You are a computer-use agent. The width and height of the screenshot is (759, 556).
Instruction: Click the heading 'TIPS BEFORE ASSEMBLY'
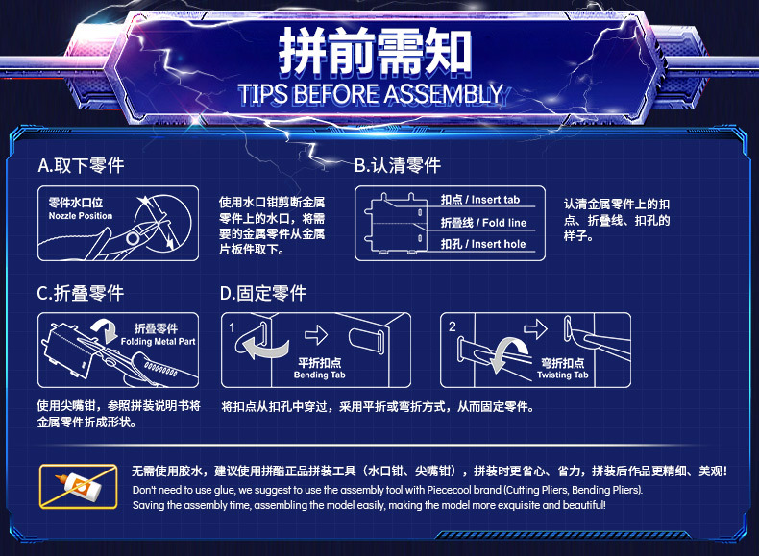(x=371, y=94)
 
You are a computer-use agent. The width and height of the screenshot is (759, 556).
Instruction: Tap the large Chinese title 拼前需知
(x=375, y=50)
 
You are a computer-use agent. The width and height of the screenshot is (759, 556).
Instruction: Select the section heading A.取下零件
(x=81, y=165)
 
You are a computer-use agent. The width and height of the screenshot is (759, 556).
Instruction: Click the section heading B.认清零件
(x=398, y=165)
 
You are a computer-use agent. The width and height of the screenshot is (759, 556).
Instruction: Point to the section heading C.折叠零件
(x=81, y=293)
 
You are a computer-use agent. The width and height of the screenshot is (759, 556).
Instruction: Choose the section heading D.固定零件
(x=263, y=293)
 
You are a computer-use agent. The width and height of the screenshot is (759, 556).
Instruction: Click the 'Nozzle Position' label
(x=81, y=216)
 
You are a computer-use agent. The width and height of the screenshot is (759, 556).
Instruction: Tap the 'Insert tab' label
(x=495, y=200)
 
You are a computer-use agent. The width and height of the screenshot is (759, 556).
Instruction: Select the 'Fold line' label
(x=504, y=223)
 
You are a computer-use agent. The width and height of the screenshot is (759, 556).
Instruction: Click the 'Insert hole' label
(x=499, y=244)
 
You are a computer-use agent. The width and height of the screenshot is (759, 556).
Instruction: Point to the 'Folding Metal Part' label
(x=158, y=341)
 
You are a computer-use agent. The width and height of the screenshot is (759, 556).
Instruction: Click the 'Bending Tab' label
(x=320, y=375)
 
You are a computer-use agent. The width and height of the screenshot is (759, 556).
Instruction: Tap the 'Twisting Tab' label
(x=562, y=375)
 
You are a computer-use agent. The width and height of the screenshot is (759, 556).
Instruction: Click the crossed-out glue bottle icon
(x=79, y=487)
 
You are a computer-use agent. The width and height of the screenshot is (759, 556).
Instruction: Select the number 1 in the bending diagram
(x=232, y=327)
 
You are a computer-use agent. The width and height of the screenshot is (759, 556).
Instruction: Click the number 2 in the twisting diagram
(x=453, y=326)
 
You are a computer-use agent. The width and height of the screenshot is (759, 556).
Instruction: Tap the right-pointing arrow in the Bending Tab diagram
(x=316, y=334)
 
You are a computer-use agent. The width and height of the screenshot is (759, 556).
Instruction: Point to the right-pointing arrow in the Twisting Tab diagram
(x=535, y=329)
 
